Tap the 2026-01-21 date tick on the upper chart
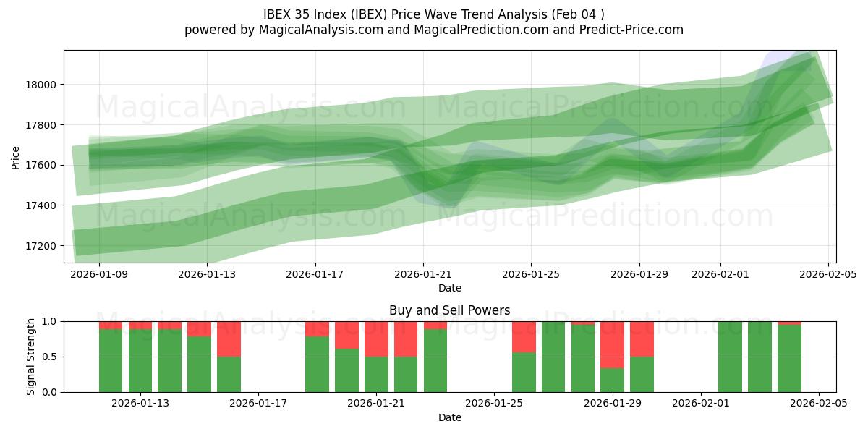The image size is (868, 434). point(423,274)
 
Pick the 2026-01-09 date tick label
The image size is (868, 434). point(98,274)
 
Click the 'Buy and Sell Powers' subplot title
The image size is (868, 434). point(449,310)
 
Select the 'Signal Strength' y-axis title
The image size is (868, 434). point(30,357)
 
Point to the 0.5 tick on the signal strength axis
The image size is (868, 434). point(50,357)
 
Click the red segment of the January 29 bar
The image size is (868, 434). point(612,344)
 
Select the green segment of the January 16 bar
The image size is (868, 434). point(229,374)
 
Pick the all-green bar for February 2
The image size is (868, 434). point(730,357)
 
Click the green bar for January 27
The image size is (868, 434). point(553,357)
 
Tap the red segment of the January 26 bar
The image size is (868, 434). point(524,336)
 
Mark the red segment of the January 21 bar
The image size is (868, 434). point(376,339)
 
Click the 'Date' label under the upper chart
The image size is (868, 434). point(449,288)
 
